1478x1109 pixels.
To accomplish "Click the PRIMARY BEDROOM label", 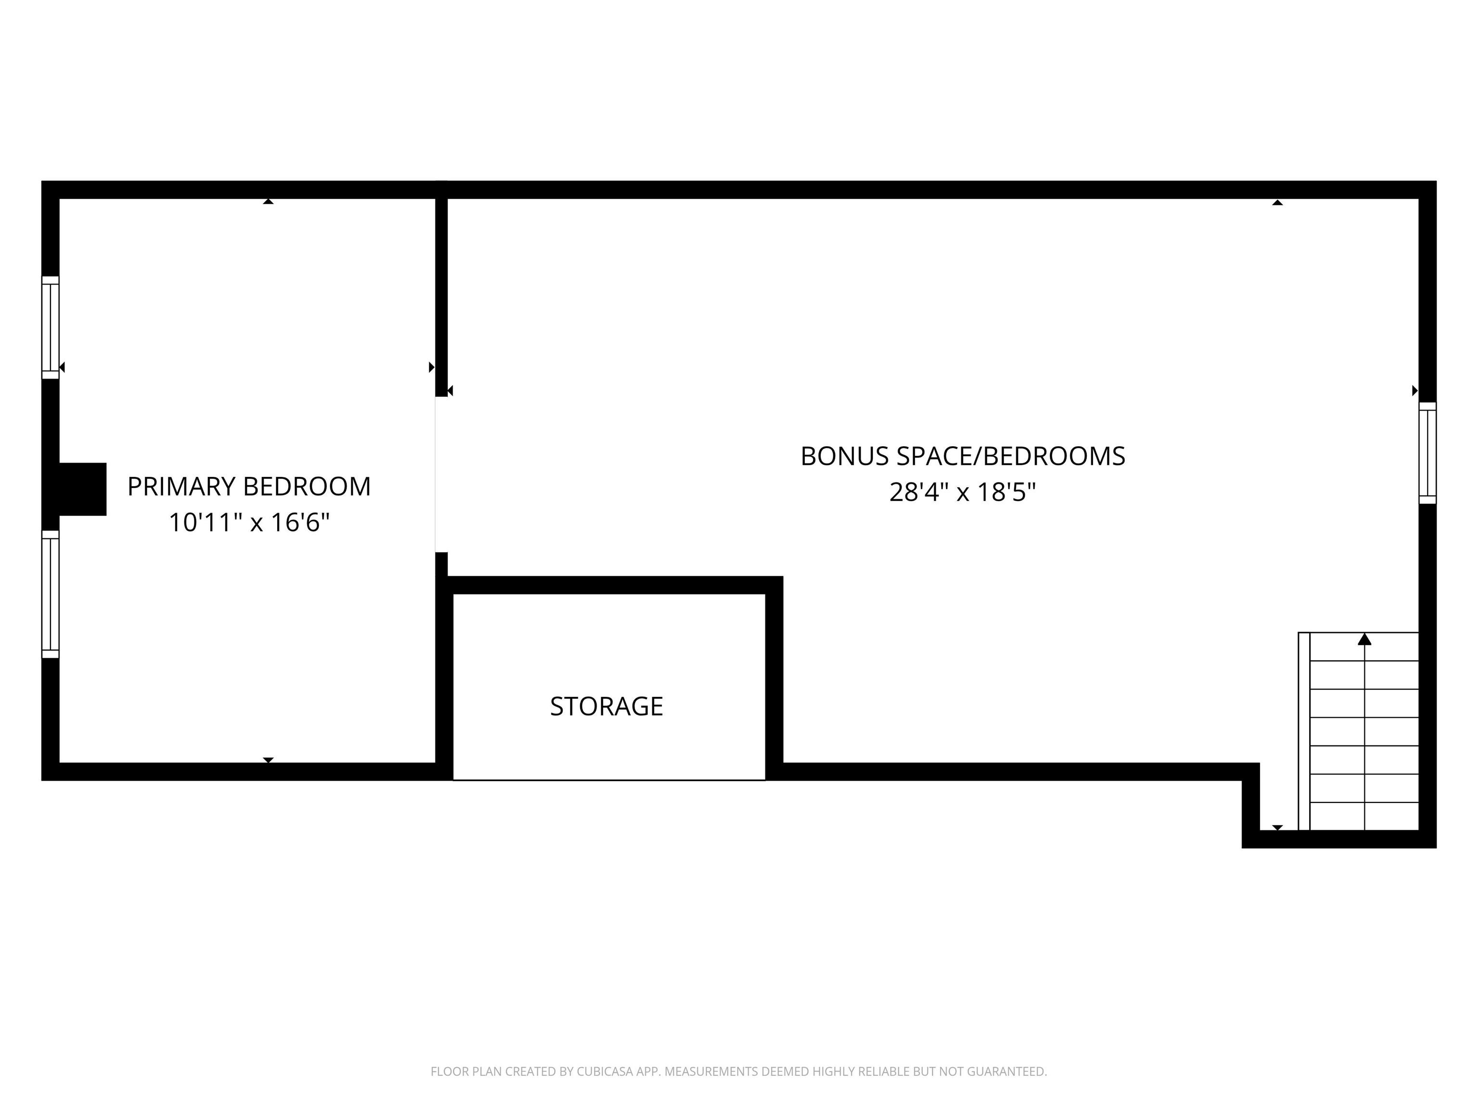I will [249, 487].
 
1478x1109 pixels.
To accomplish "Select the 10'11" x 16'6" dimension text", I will [249, 523].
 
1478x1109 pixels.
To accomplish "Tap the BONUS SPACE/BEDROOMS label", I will [962, 457].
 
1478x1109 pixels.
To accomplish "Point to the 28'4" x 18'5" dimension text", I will [962, 493].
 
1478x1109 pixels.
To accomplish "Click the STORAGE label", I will [606, 707].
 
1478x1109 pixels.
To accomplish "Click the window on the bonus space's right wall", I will [1427, 452].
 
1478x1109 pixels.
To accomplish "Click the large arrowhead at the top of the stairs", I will [1364, 640].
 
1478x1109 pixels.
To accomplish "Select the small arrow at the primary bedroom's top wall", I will [268, 201].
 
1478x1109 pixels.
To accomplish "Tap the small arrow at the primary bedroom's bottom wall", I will [268, 760].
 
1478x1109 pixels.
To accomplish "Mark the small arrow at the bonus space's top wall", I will [1277, 202].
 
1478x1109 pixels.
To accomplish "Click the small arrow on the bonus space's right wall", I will [1414, 390].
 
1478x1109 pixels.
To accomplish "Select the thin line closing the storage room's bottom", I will [609, 779].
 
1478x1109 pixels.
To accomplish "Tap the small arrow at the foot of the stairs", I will [1277, 827].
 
